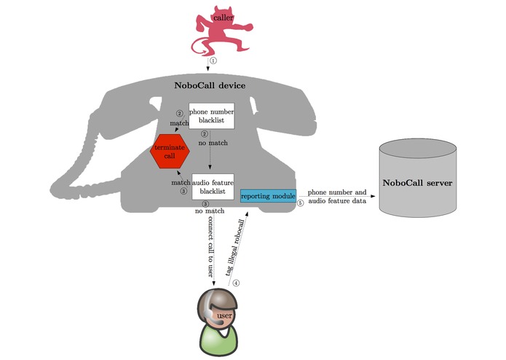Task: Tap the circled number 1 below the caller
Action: [213, 61]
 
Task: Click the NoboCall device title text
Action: [210, 85]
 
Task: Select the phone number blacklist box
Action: [211, 117]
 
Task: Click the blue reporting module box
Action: [268, 196]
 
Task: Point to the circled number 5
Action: [300, 204]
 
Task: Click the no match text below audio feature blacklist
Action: [209, 211]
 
